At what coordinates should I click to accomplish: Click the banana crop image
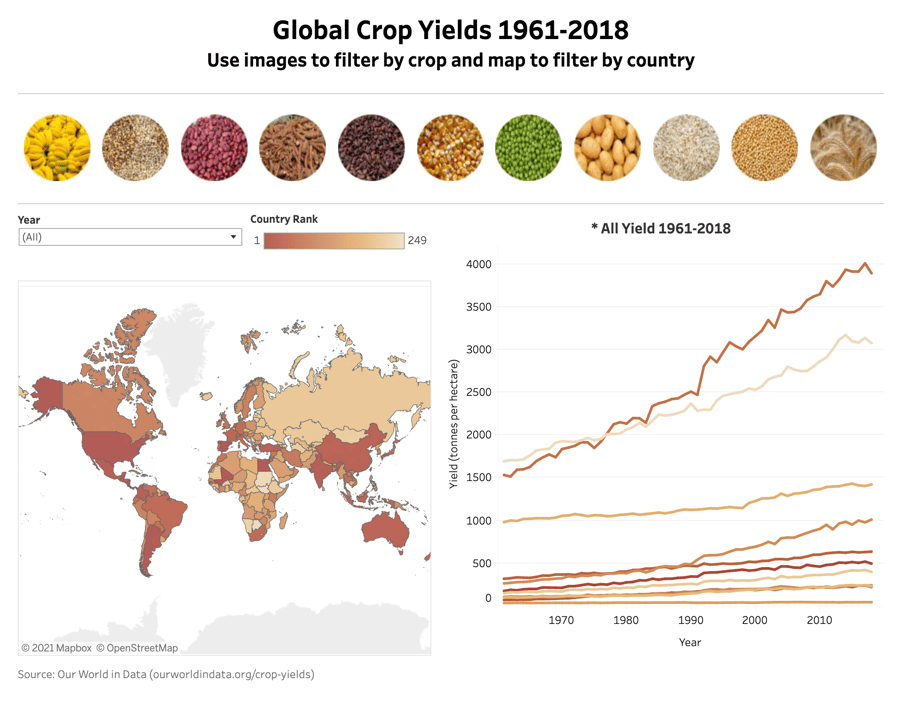pos(57,147)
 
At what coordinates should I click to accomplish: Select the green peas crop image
pos(529,147)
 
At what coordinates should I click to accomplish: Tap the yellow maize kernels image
pos(450,147)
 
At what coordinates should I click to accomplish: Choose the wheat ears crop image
pos(843,147)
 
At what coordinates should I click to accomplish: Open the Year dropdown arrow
pos(234,238)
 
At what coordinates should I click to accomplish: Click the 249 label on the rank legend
pos(417,240)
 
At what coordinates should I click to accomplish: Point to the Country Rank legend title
pos(284,219)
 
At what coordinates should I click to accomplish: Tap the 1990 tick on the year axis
pos(690,620)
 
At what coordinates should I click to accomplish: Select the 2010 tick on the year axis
pos(819,620)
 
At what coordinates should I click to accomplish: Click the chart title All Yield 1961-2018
pos(661,228)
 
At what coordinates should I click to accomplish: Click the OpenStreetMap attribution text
pos(137,648)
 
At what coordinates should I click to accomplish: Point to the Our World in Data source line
pos(166,674)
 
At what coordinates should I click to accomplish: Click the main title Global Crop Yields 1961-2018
pos(450,29)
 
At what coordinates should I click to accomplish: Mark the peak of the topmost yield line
pos(865,264)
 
